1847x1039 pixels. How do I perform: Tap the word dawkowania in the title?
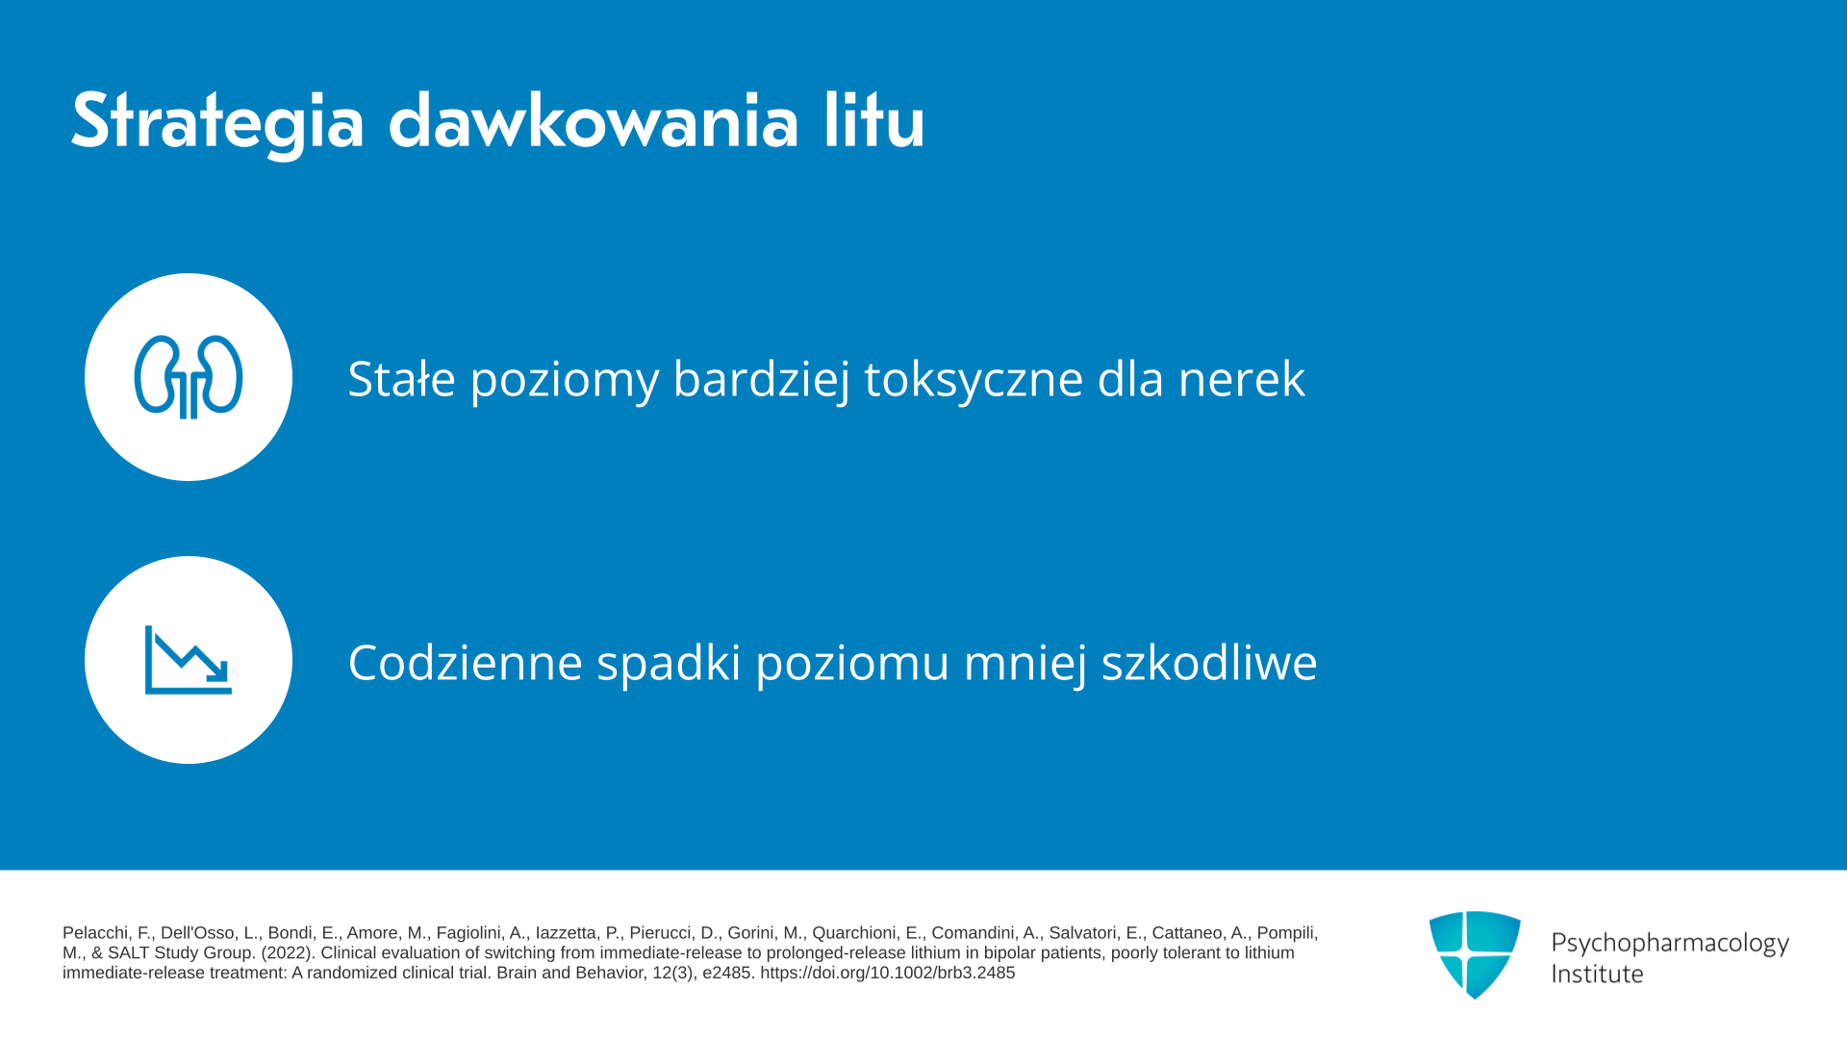[x=594, y=121]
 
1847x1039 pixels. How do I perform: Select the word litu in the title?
[x=873, y=121]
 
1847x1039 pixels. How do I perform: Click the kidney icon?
[x=189, y=377]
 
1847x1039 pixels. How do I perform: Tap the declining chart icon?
[x=189, y=660]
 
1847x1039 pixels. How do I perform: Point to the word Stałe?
[x=401, y=378]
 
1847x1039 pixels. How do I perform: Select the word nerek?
[x=1242, y=379]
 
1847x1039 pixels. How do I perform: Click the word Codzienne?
[x=466, y=662]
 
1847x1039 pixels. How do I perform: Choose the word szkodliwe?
[x=1209, y=662]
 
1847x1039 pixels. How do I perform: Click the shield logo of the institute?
[x=1475, y=954]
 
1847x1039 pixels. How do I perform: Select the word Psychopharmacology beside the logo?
[x=1670, y=944]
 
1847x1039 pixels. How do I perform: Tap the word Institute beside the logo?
[x=1597, y=974]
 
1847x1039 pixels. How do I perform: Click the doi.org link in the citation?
[x=887, y=973]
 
